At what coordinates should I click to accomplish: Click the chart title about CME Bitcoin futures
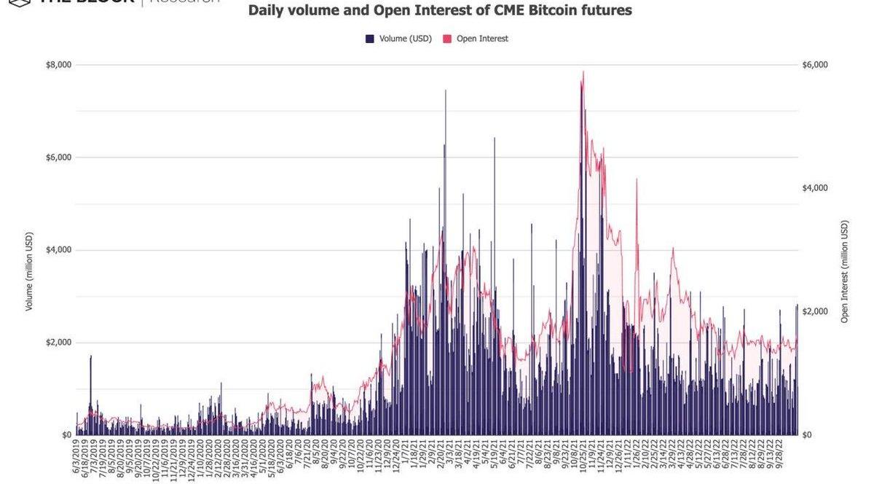[x=440, y=11]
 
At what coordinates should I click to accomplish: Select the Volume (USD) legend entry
[x=399, y=39]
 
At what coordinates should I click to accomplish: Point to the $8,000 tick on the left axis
[x=58, y=65]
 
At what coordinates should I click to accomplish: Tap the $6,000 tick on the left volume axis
[x=58, y=157]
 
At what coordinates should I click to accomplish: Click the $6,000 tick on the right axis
[x=815, y=65]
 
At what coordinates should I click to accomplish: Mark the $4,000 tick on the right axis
[x=815, y=188]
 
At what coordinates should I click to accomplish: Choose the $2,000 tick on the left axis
[x=58, y=343]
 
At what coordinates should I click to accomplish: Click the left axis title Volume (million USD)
[x=30, y=271]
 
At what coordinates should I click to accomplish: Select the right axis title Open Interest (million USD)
[x=845, y=271]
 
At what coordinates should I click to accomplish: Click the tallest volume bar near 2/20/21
[x=446, y=90]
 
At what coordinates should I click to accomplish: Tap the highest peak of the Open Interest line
[x=583, y=71]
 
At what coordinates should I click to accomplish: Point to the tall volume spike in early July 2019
[x=91, y=356]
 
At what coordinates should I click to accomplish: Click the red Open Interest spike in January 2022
[x=637, y=179]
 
